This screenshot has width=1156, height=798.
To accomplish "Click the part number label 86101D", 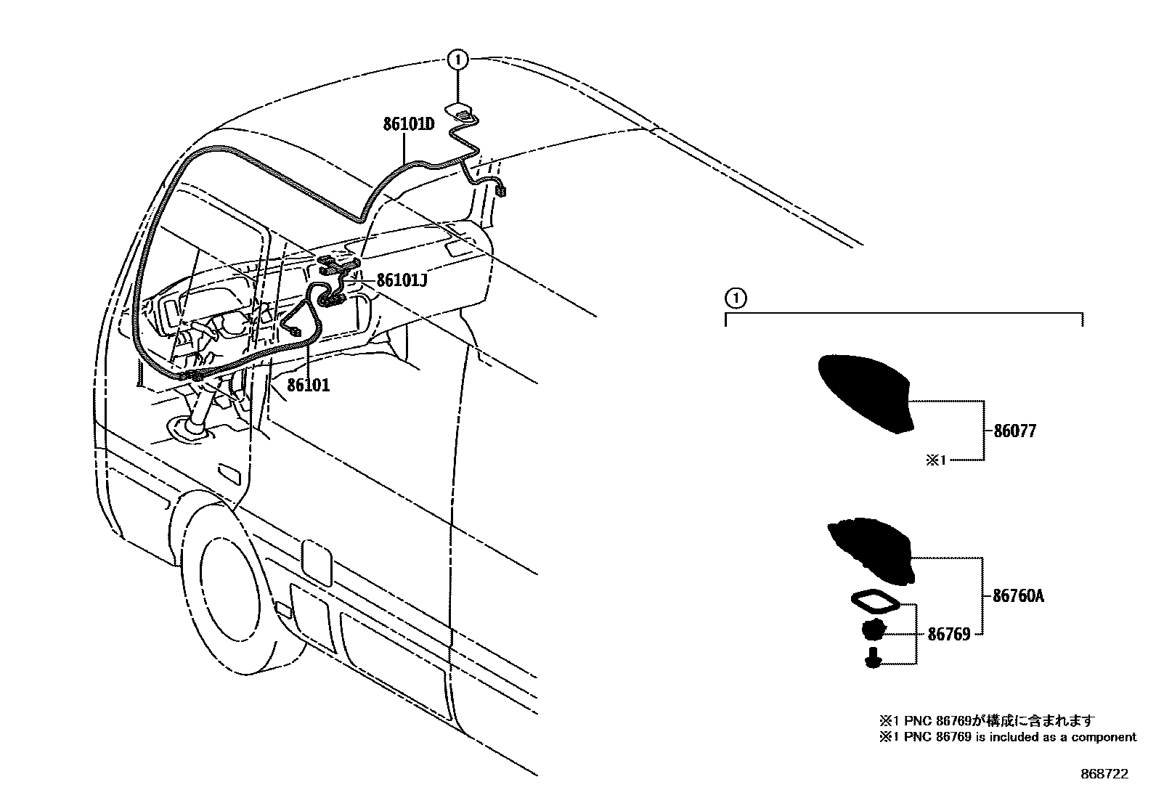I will (x=409, y=124).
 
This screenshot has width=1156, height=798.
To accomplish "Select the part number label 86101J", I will (x=401, y=280).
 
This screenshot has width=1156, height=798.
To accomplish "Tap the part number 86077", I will (x=1014, y=431).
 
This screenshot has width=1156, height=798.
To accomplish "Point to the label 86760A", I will (x=1018, y=596).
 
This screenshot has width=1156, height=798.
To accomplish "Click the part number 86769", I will (x=948, y=635).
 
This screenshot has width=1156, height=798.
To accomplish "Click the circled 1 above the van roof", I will (x=457, y=60).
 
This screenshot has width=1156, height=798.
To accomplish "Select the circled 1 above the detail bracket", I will (x=735, y=297).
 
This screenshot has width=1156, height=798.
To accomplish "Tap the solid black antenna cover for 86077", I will (x=865, y=392).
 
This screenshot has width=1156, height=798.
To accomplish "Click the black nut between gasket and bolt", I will (x=874, y=630).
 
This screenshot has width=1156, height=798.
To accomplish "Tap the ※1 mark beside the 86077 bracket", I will (x=935, y=460).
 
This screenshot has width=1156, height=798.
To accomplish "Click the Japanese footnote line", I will (x=986, y=721).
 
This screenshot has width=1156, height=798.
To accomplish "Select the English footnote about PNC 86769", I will (x=1007, y=737).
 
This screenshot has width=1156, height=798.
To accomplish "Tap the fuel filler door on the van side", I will (x=317, y=561).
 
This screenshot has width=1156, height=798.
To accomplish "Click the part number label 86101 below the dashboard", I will (x=308, y=385).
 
